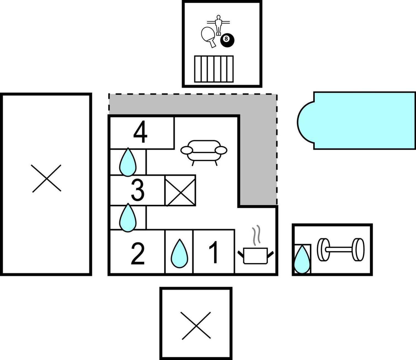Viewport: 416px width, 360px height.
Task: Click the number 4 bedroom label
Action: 140,132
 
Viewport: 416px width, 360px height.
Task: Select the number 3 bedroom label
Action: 138,190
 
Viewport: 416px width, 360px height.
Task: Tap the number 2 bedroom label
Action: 138,254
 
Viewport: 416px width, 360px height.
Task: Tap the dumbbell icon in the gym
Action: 341,250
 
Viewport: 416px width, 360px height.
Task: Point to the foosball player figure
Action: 218,25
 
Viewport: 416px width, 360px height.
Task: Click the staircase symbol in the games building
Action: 214,69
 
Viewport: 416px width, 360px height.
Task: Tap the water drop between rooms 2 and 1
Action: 179,253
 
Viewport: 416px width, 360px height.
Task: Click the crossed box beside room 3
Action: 180,190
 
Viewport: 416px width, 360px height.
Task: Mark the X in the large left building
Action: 46,179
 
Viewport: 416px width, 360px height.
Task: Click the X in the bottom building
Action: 196,326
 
